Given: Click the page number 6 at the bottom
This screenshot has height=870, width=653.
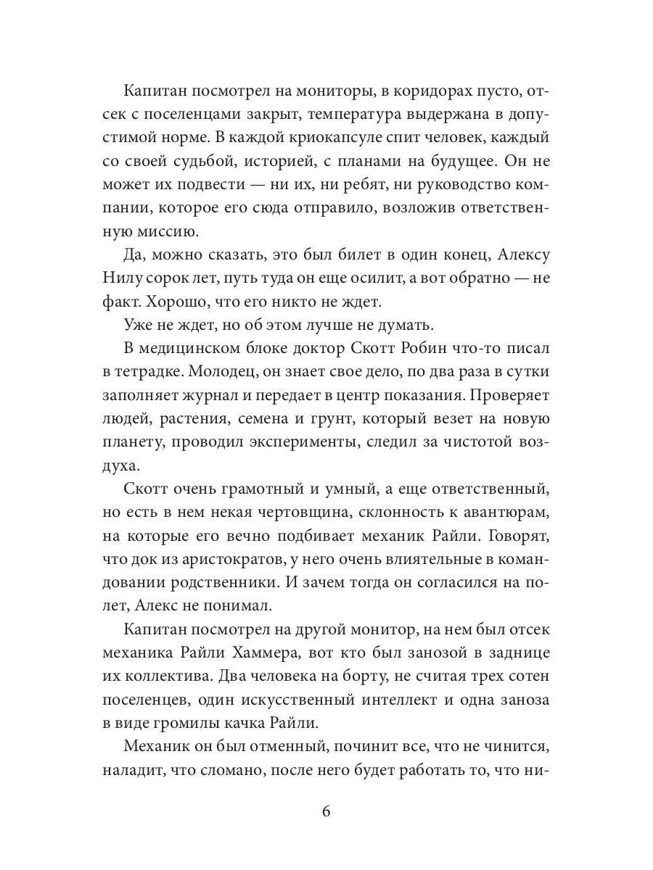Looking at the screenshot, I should [326, 811].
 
